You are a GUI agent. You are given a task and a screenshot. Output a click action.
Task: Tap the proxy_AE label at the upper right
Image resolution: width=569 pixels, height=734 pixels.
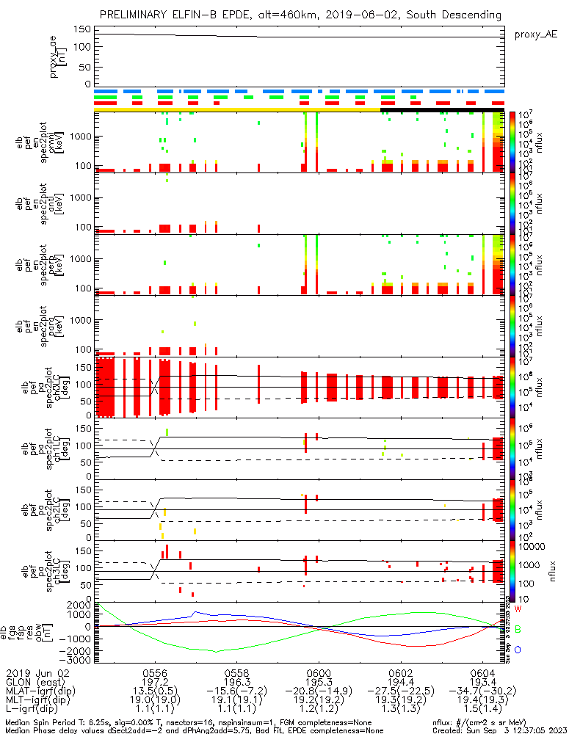tap(535, 34)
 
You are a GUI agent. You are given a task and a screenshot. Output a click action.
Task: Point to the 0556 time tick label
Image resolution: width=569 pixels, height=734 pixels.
tap(155, 672)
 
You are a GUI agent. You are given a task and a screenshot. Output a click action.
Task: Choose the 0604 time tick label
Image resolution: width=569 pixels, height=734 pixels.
tap(482, 672)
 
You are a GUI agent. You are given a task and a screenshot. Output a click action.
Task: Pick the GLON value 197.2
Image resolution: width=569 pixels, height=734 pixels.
tap(155, 681)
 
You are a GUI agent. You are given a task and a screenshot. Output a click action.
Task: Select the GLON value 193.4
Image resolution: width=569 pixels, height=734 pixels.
tap(482, 681)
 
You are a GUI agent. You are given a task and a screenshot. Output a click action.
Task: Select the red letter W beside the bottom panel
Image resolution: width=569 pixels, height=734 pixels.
tap(518, 609)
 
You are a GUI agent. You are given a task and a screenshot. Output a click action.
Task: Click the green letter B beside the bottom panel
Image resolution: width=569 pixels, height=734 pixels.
tap(518, 630)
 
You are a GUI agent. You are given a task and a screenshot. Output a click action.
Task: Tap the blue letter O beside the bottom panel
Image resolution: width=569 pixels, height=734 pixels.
tap(518, 650)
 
